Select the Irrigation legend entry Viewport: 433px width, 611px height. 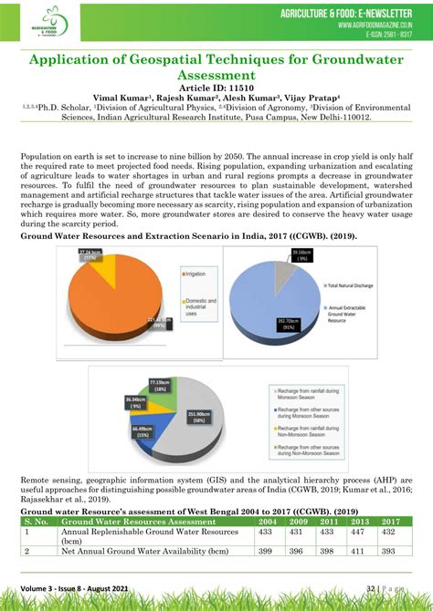coord(198,274)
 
